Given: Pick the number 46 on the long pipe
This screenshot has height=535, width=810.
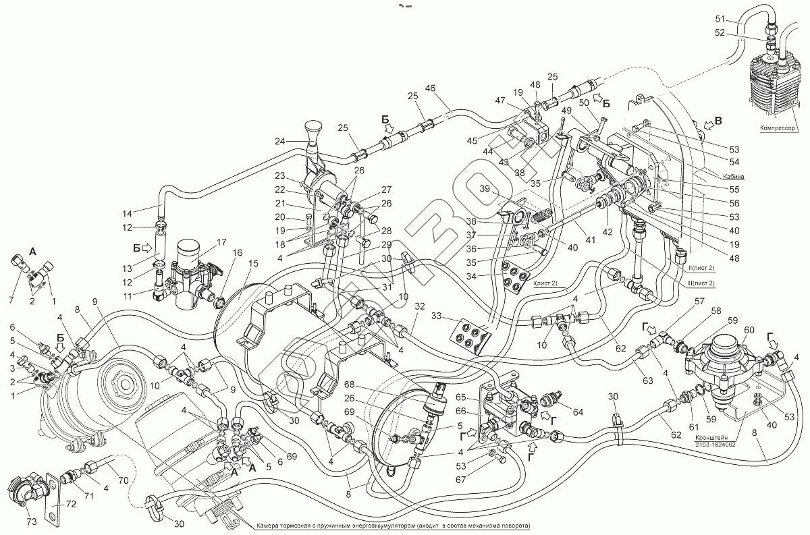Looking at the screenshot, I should [x=431, y=88].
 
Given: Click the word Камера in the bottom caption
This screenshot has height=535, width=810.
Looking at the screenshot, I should [x=275, y=526].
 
